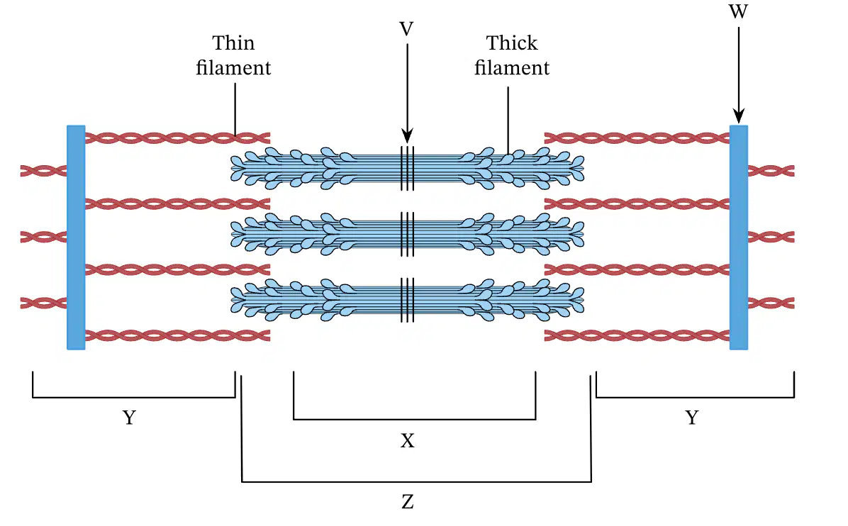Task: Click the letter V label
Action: (407, 28)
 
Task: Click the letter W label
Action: (738, 11)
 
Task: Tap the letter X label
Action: (407, 441)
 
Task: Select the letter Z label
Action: (408, 502)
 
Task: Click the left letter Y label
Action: (129, 418)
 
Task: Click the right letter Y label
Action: (692, 418)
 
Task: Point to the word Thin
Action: (233, 43)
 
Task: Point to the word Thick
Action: (512, 43)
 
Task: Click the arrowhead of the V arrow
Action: (407, 135)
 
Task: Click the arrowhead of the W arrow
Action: (739, 116)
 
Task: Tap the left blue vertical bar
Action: (76, 237)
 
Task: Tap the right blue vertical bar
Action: (739, 237)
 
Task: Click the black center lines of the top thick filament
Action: (407, 168)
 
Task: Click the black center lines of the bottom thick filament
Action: (407, 300)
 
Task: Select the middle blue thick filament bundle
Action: (407, 234)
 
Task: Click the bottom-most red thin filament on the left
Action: (177, 336)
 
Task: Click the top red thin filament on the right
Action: (637, 138)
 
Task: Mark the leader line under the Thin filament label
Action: (235, 108)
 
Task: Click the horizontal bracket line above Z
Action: (416, 481)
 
